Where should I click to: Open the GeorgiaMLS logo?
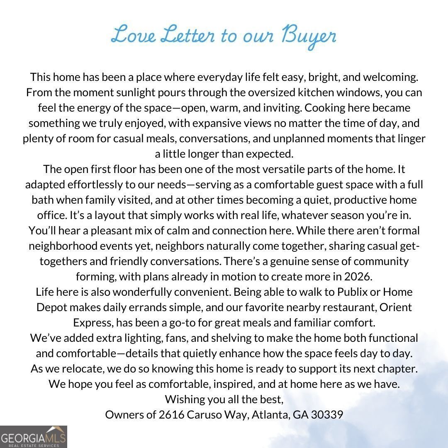[x=33, y=436]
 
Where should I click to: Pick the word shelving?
[x=230, y=338]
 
